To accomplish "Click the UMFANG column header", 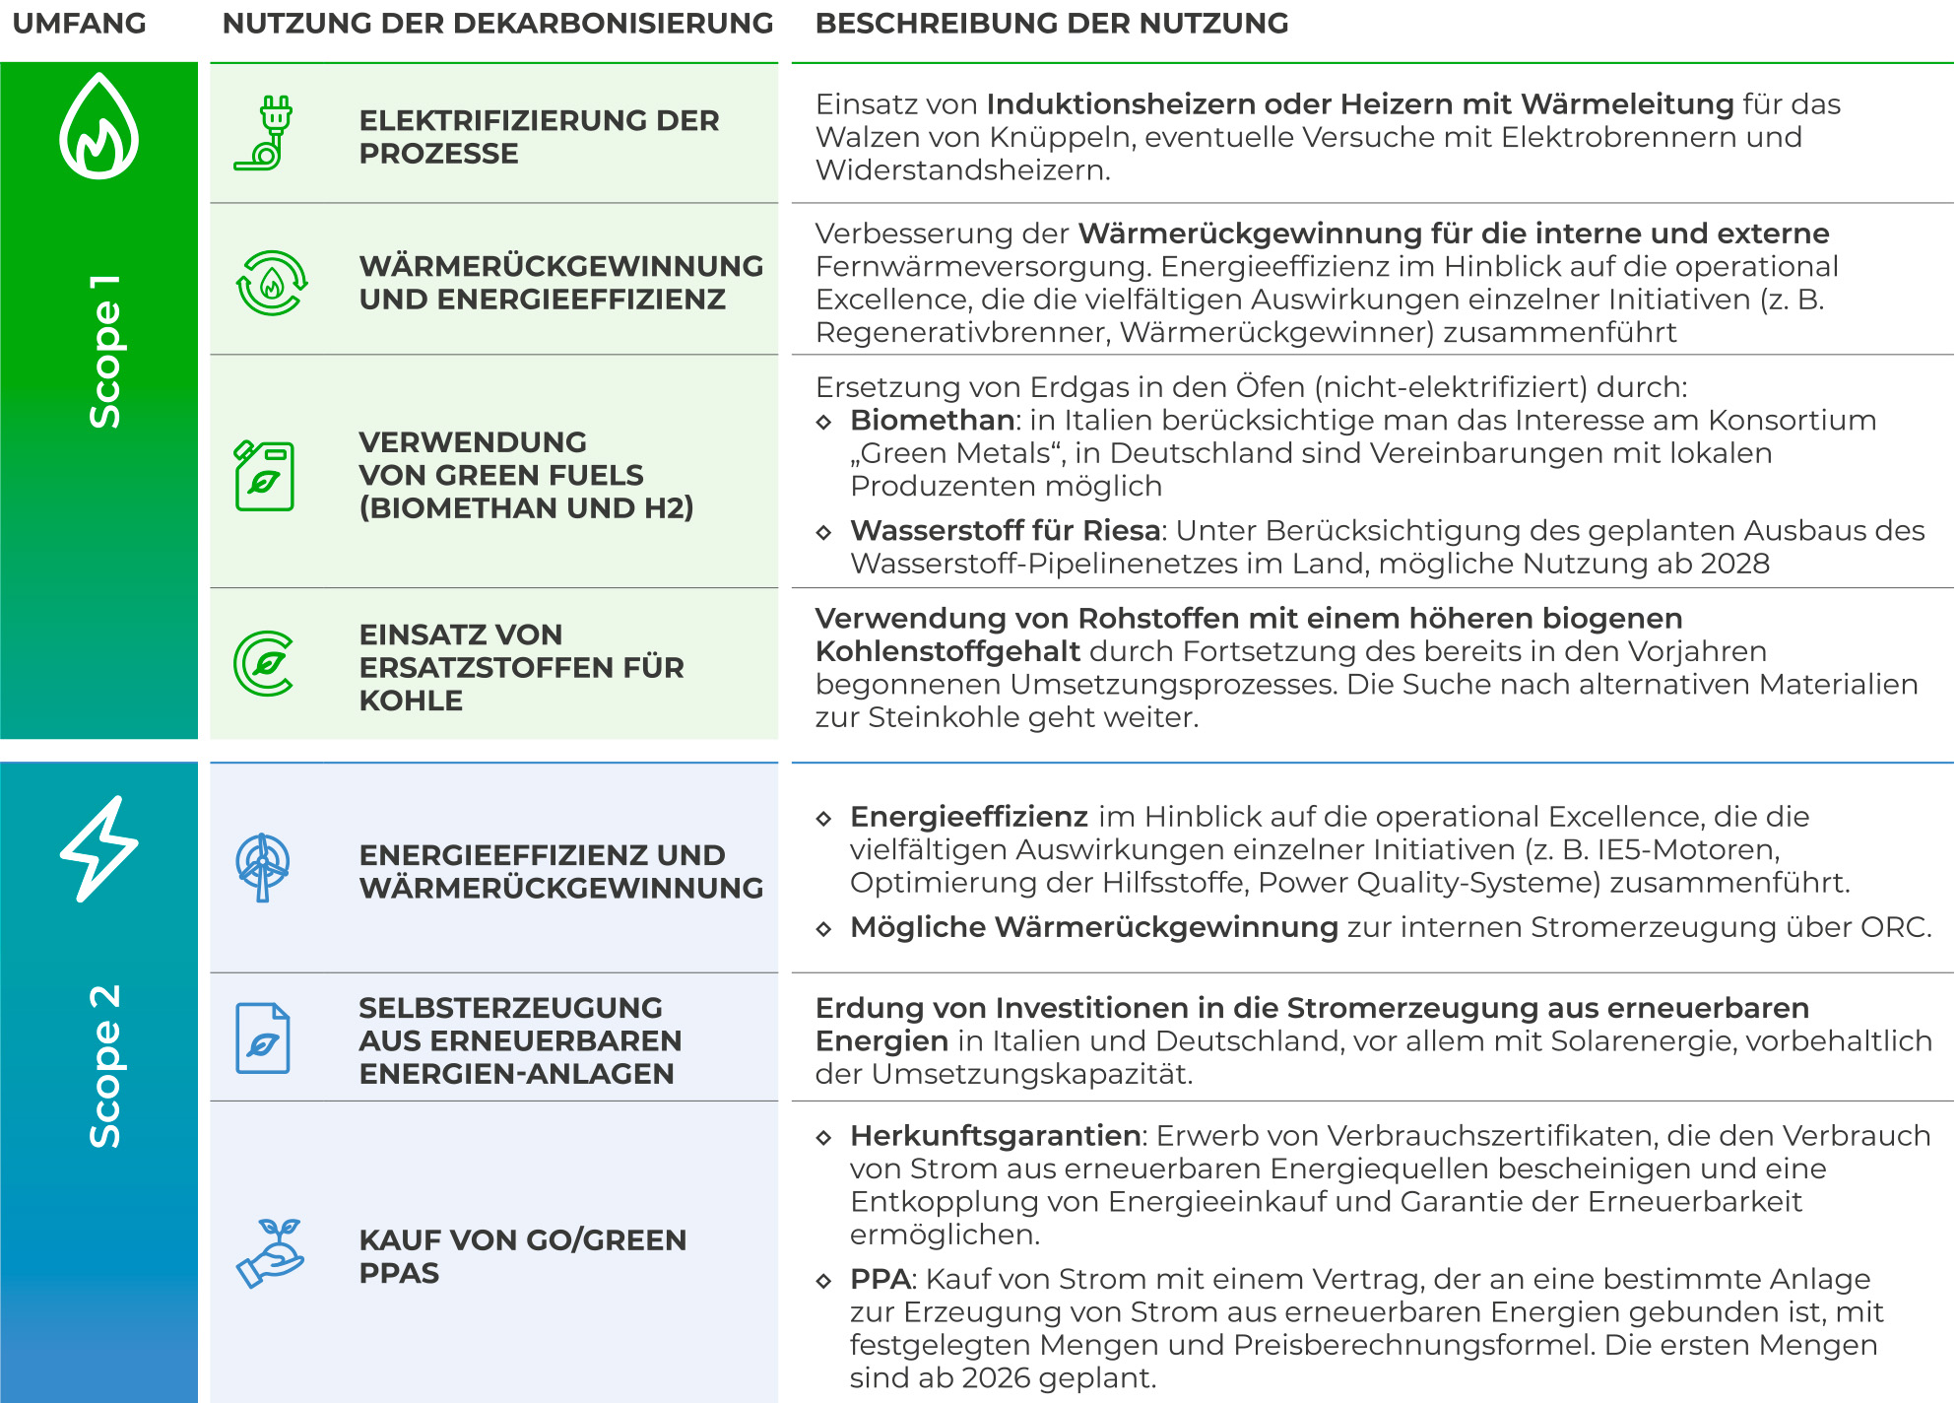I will pyautogui.click(x=79, y=24).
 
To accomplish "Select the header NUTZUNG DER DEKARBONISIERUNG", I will pyautogui.click(x=497, y=24).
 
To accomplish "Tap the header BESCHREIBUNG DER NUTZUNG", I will pyautogui.click(x=1051, y=24).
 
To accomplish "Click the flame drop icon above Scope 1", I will pyautogui.click(x=98, y=126).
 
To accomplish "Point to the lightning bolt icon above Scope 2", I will pyautogui.click(x=98, y=848).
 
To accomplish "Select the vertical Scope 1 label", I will pyautogui.click(x=104, y=352).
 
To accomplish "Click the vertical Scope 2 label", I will pyautogui.click(x=104, y=1065).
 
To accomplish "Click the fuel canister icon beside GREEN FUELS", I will pyautogui.click(x=264, y=476).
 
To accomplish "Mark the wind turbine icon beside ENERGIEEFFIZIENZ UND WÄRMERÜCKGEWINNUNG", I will pyautogui.click(x=263, y=867).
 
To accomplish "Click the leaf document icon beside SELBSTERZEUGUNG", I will pyautogui.click(x=263, y=1038).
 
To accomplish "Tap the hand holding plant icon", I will pyautogui.click(x=269, y=1253).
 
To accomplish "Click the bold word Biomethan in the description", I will pyautogui.click(x=932, y=421).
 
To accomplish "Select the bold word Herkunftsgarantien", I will pyautogui.click(x=995, y=1136).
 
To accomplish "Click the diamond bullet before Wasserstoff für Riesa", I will pyautogui.click(x=824, y=533).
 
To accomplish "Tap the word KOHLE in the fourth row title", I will pyautogui.click(x=411, y=701).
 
